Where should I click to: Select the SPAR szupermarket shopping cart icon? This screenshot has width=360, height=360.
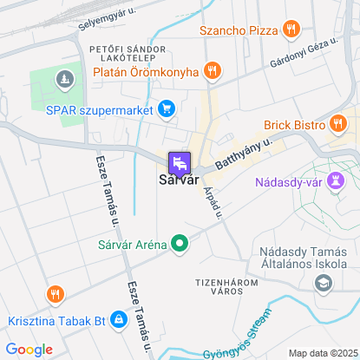pos(167,109)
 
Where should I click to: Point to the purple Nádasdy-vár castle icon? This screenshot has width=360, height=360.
pos(338,182)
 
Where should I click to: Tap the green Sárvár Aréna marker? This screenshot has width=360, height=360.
pos(180,244)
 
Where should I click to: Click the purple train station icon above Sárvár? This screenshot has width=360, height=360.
pos(180,162)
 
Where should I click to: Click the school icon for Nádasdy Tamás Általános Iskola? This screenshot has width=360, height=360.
pos(324,283)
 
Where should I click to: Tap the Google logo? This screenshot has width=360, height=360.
pos(29,349)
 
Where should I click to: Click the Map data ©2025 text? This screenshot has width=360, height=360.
pos(322,353)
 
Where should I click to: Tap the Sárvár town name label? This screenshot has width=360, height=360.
pos(180,180)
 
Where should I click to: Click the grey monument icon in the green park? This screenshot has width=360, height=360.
pos(63,81)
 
